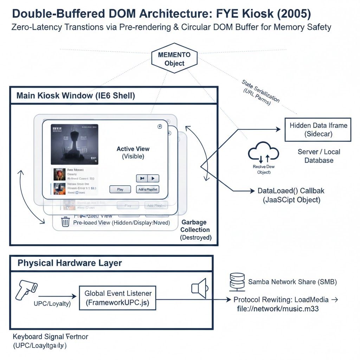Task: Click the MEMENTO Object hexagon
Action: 174,59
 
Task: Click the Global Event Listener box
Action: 118,298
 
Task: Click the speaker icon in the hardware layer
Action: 199,288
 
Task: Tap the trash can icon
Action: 65,222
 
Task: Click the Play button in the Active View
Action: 120,189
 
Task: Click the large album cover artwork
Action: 75,144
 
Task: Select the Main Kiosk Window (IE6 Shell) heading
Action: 76,96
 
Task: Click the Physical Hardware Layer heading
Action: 70,263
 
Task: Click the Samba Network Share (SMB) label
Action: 292,282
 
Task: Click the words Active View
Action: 133,149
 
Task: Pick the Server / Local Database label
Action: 319,156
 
